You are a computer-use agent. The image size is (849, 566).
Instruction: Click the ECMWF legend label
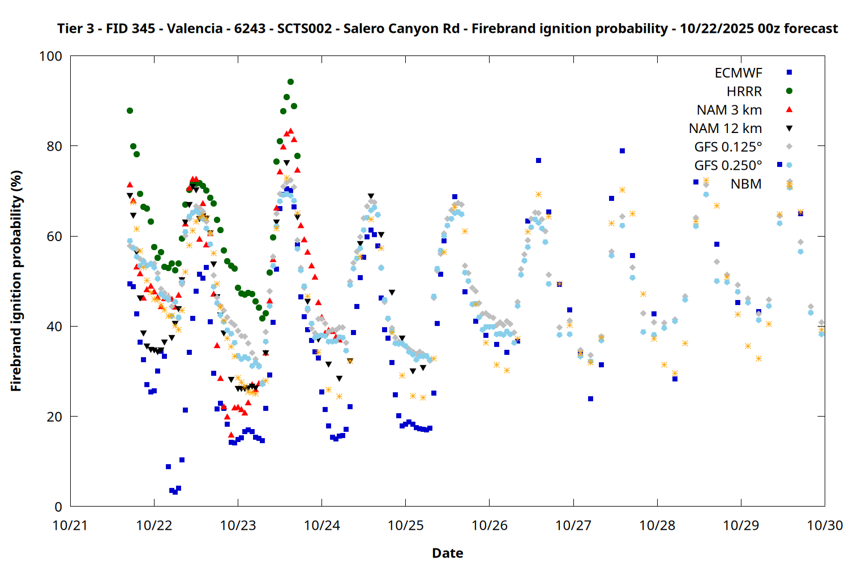pyautogui.click(x=738, y=73)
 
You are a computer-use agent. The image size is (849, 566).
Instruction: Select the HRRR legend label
pyautogui.click(x=744, y=92)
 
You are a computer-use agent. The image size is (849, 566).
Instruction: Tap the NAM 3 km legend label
pyautogui.click(x=729, y=110)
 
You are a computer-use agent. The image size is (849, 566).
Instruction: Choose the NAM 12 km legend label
pyautogui.click(x=725, y=128)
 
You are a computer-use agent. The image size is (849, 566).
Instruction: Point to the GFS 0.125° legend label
pyautogui.click(x=728, y=147)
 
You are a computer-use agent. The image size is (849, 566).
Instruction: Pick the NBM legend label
pyautogui.click(x=746, y=184)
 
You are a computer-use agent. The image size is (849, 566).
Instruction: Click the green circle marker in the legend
pyautogui.click(x=789, y=91)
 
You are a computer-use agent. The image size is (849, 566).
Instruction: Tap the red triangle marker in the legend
pyautogui.click(x=789, y=109)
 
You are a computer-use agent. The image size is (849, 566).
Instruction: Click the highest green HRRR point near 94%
pyautogui.click(x=290, y=82)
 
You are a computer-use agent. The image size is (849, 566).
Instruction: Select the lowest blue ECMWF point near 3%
pyautogui.click(x=175, y=492)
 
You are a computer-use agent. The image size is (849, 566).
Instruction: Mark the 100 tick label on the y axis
pyautogui.click(x=50, y=56)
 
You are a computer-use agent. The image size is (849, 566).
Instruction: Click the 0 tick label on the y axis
pyautogui.click(x=58, y=507)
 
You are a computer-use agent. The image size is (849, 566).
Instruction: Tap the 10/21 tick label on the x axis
pyautogui.click(x=70, y=525)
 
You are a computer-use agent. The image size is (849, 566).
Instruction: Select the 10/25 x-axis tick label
pyautogui.click(x=405, y=525)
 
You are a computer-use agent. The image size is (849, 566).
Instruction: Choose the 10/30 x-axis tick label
pyautogui.click(x=824, y=525)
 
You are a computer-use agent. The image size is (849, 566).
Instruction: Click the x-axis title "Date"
pyautogui.click(x=447, y=553)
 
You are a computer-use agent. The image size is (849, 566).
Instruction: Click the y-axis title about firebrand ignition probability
pyautogui.click(x=16, y=281)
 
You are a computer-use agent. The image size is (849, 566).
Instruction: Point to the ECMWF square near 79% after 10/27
pyautogui.click(x=622, y=151)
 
